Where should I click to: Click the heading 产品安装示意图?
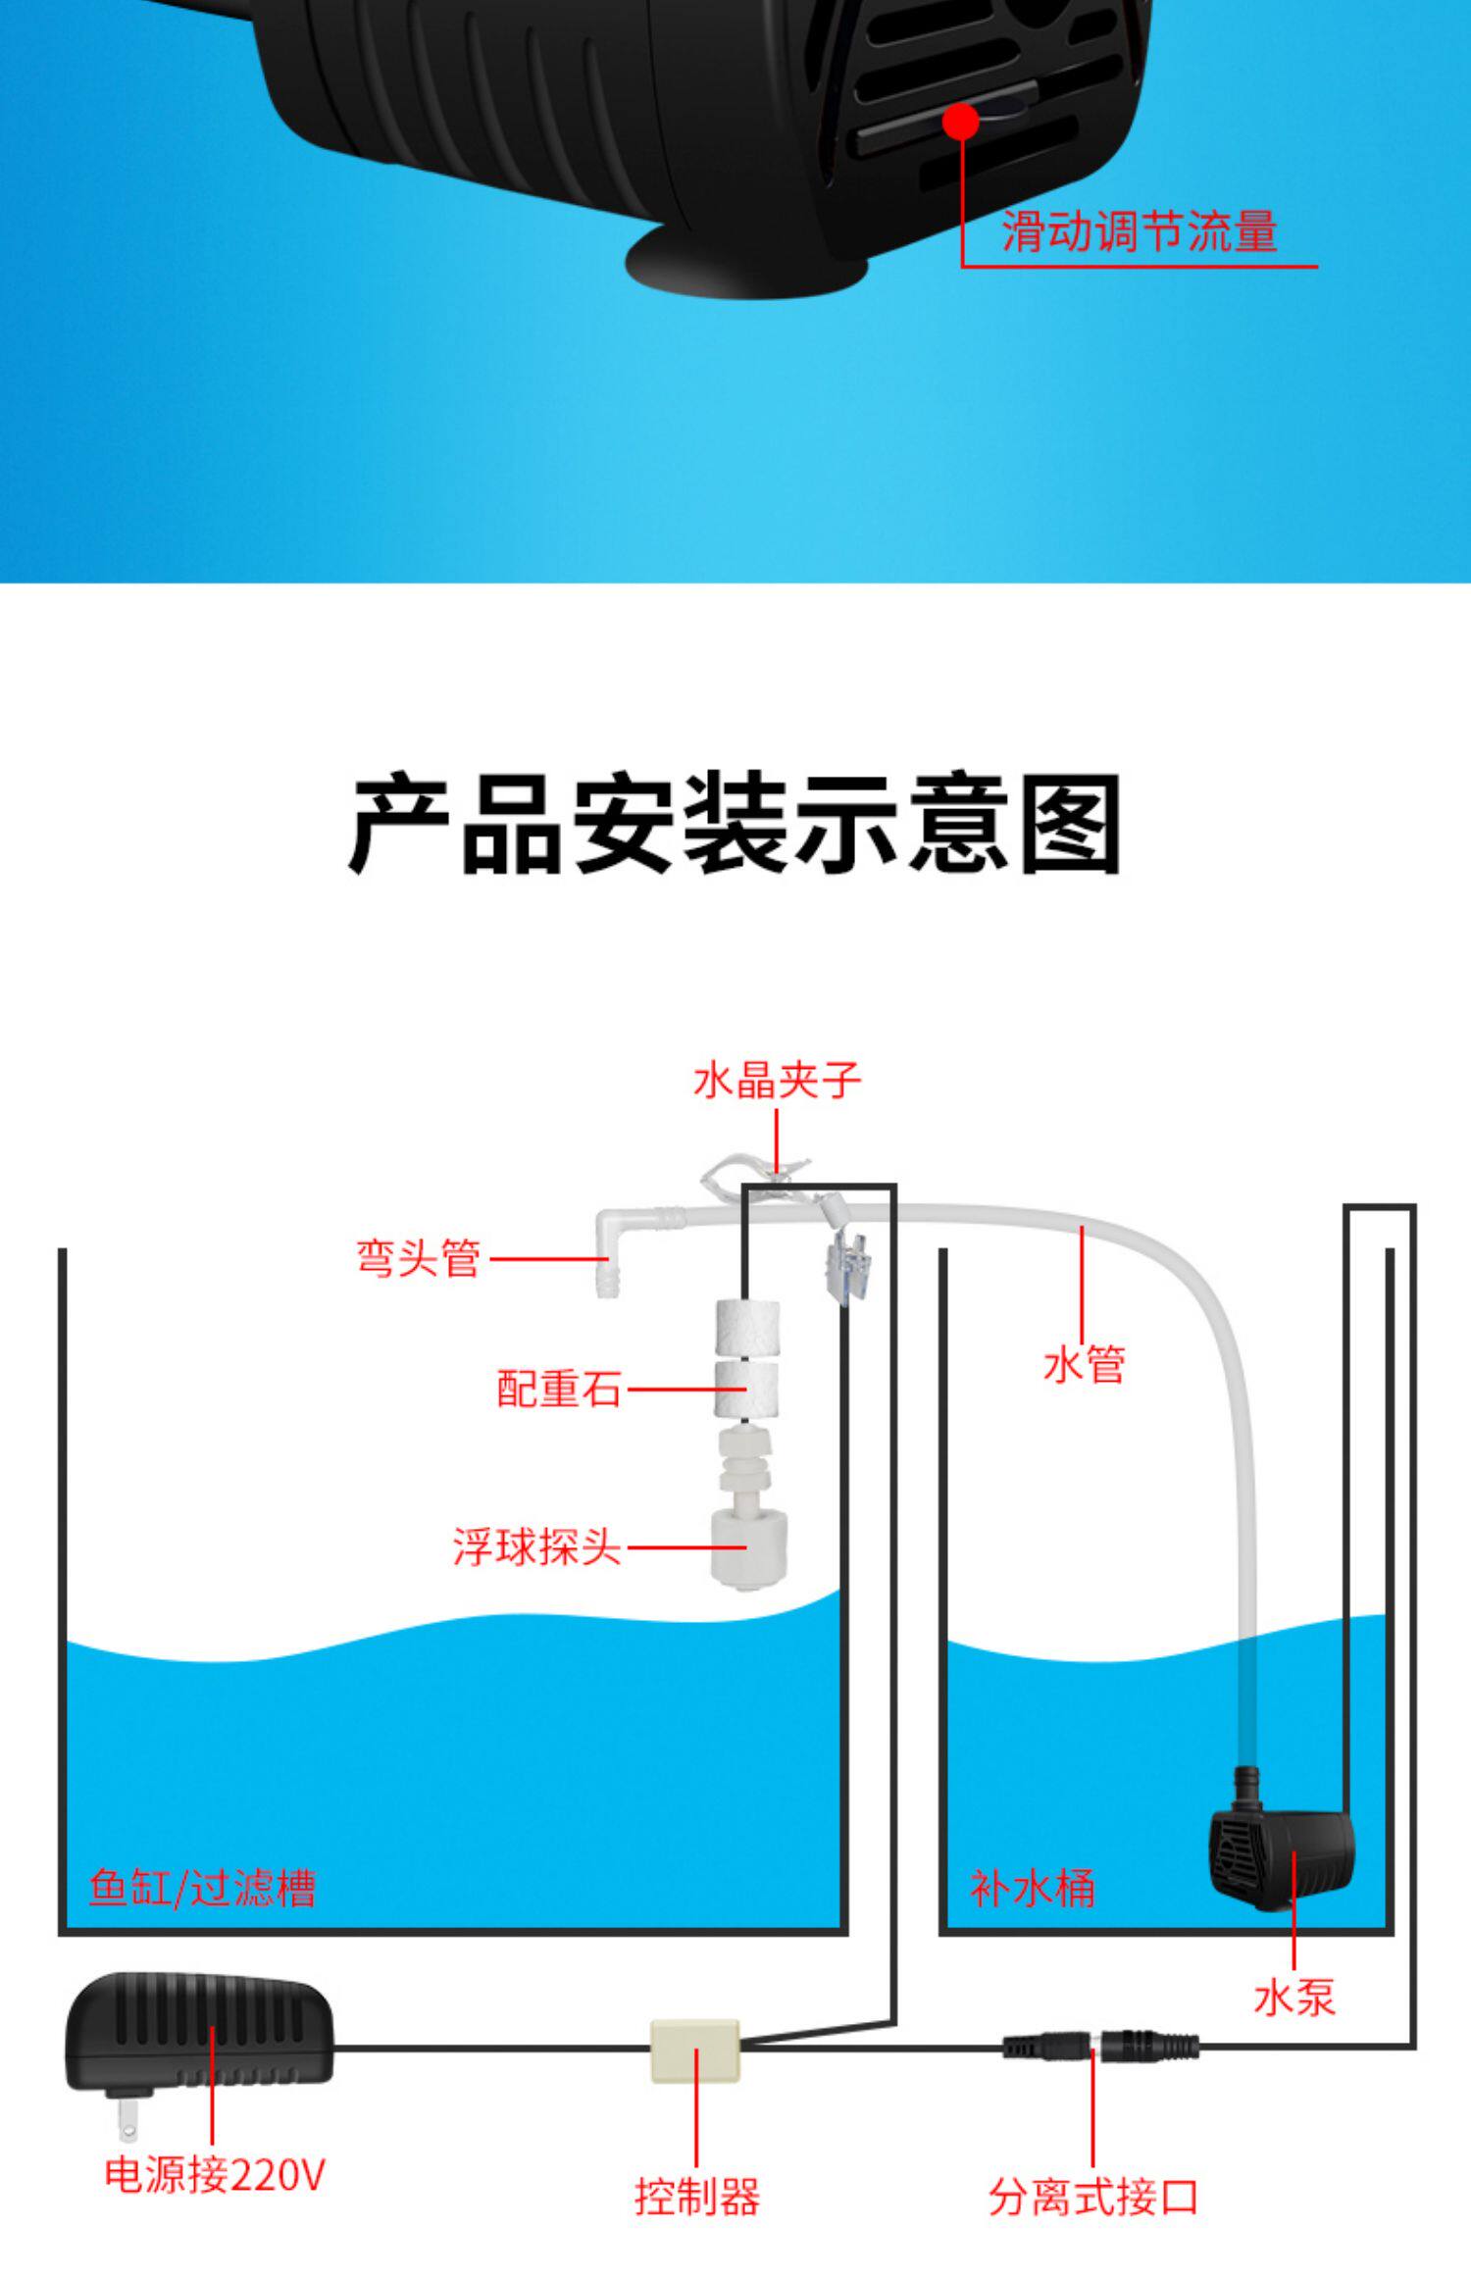click(x=735, y=825)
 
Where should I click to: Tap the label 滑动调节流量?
click(x=1139, y=232)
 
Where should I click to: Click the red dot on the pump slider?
click(x=965, y=122)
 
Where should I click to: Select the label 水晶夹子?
click(x=777, y=1081)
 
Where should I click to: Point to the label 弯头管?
click(x=418, y=1258)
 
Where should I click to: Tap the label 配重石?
click(x=559, y=1390)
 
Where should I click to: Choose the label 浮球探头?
click(x=536, y=1547)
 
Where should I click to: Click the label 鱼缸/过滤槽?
click(x=202, y=1888)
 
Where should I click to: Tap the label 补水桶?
click(x=1032, y=1888)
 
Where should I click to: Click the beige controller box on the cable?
click(x=695, y=2049)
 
